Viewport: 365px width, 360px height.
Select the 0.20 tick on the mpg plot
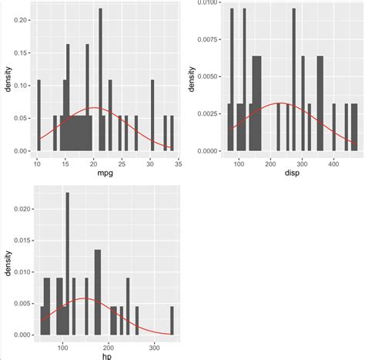(23, 20)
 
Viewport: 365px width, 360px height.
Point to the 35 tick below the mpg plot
(179, 164)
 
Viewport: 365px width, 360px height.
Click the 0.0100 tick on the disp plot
(206, 2)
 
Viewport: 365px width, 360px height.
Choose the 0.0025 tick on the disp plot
(206, 113)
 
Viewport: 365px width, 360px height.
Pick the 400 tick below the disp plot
(334, 164)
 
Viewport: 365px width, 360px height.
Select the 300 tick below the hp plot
(156, 346)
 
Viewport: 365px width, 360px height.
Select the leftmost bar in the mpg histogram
(39, 116)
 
